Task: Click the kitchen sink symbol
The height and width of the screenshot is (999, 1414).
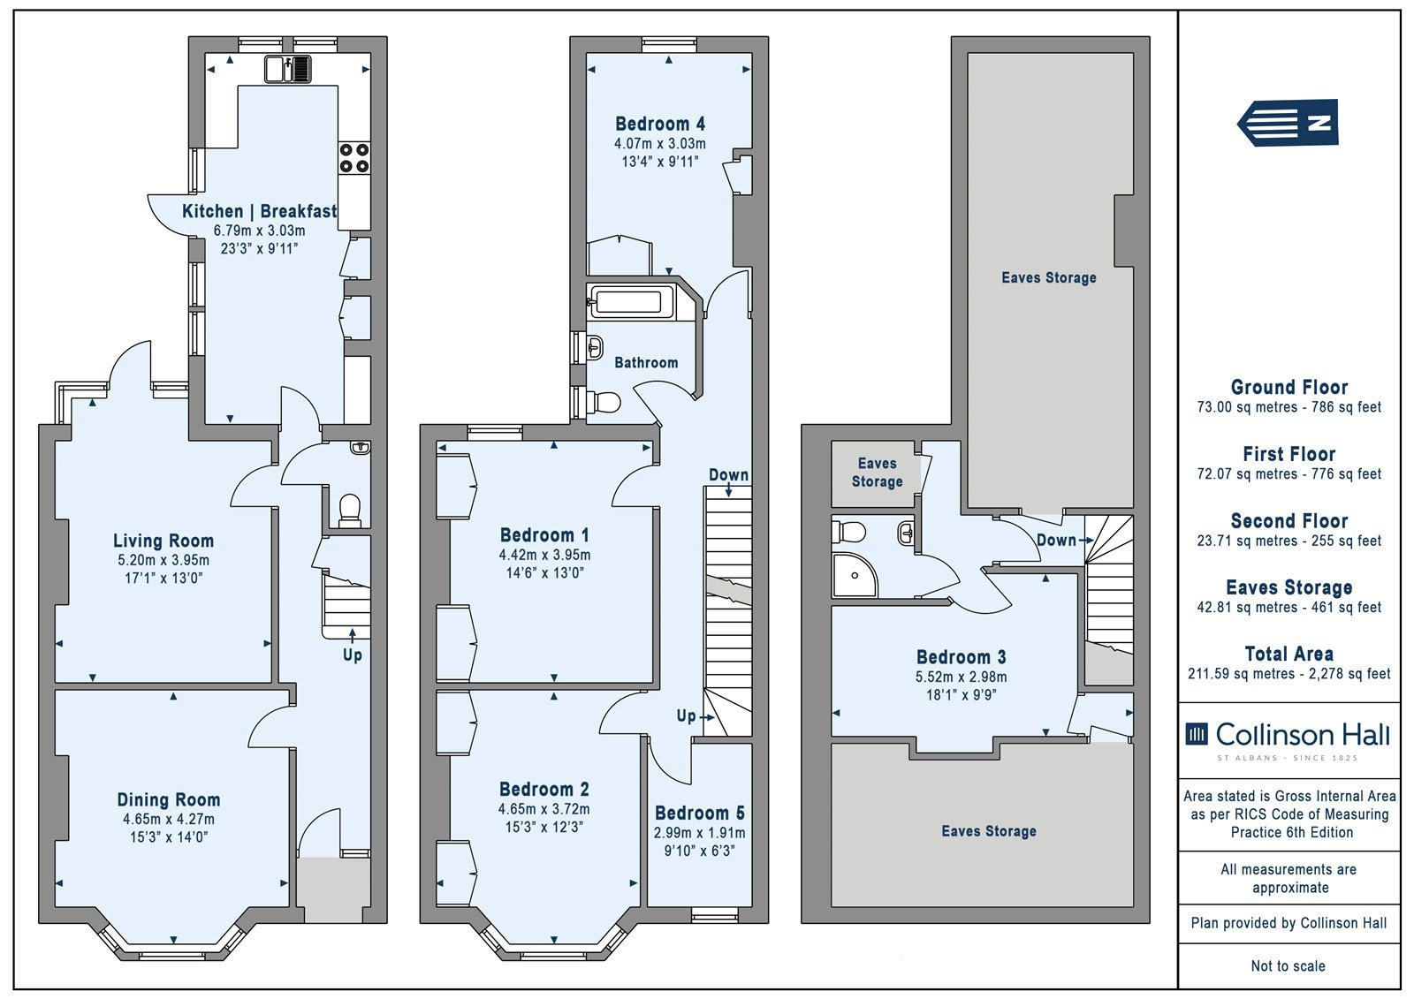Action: point(288,69)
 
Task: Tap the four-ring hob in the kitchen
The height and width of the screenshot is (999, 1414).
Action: point(354,158)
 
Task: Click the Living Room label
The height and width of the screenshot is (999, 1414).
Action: point(163,541)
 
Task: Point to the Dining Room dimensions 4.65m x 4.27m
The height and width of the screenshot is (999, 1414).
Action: point(169,819)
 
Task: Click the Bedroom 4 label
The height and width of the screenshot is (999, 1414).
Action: point(660,124)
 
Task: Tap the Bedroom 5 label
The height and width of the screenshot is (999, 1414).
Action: point(699,813)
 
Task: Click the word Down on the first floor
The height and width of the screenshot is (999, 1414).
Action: point(728,474)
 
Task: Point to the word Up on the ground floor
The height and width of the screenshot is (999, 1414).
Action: point(353,655)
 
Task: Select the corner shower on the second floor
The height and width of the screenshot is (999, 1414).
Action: point(854,575)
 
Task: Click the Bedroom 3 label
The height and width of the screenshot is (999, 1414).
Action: point(962,657)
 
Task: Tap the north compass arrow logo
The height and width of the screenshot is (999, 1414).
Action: point(1288,123)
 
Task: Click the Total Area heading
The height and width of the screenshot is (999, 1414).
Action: point(1289,653)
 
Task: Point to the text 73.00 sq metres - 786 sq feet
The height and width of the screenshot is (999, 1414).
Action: point(1289,407)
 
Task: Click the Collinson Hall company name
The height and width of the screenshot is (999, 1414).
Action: point(1303,735)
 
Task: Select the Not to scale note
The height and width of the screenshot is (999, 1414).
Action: point(1289,965)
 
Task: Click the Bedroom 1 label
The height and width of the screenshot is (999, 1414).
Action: point(544,535)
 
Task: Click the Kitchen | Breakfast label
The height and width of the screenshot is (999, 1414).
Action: point(260,211)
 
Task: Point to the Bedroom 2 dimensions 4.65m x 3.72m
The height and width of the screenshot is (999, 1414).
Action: point(544,808)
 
